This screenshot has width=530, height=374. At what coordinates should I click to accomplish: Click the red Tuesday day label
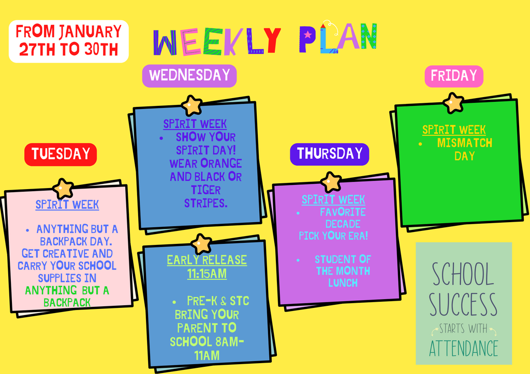pos(61,154)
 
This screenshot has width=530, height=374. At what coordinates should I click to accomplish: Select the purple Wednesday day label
pos(189,75)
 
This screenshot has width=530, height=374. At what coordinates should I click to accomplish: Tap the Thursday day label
pos(329,154)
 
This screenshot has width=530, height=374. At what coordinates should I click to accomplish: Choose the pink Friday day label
pos(453,76)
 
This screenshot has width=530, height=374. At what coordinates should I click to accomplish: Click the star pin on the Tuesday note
pos(63,189)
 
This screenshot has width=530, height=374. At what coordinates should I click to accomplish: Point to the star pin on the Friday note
pos(453,103)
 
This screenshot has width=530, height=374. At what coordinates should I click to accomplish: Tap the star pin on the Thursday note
pos(330,182)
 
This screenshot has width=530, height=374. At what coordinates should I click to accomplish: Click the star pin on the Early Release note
pos(201,243)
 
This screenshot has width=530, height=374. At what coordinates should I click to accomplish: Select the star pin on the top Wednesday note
pos(192,105)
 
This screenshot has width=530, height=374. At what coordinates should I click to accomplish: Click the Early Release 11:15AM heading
pos(207,267)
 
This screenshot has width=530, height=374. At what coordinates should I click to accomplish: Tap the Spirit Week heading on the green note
pos(454,130)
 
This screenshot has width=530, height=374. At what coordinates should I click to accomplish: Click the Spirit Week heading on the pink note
pos(67,205)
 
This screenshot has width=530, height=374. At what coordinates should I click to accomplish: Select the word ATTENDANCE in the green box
pos(463,348)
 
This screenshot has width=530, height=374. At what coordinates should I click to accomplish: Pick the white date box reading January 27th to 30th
pos(68,41)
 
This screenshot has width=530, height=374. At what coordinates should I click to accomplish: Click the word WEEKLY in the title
pos(217,42)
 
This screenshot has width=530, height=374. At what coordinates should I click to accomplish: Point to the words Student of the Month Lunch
pos(343,271)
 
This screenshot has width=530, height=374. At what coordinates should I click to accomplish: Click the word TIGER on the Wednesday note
pos(205,190)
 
